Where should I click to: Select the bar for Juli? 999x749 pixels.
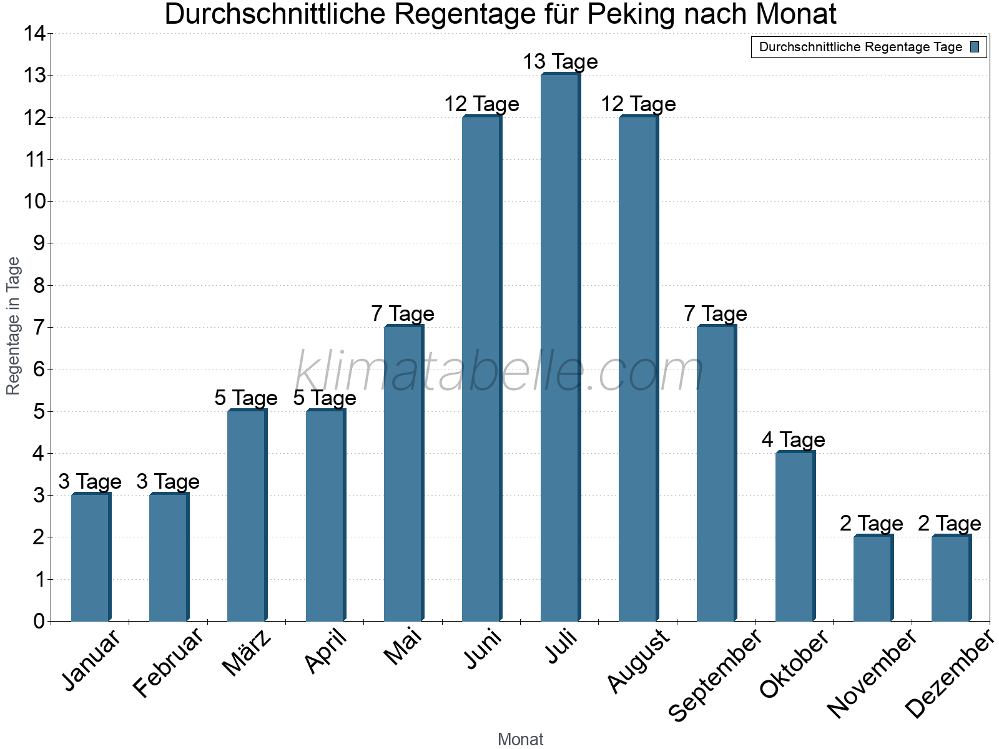click(x=560, y=347)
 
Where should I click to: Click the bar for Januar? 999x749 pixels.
click(x=91, y=557)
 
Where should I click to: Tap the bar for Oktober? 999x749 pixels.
click(x=795, y=536)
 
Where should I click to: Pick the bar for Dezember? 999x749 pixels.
click(x=951, y=578)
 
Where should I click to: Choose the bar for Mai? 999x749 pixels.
click(x=403, y=473)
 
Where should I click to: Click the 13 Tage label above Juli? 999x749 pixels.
click(x=560, y=62)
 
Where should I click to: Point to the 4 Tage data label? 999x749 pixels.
click(x=793, y=440)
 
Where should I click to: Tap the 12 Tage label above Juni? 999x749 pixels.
click(x=481, y=104)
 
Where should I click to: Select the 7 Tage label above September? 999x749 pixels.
click(x=715, y=313)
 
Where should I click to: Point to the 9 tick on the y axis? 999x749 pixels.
click(x=39, y=243)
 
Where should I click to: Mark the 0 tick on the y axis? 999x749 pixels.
click(x=39, y=621)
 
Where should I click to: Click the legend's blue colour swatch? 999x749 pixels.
click(x=975, y=47)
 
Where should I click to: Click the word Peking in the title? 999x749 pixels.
click(x=634, y=14)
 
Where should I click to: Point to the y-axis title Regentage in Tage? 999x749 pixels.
click(x=14, y=326)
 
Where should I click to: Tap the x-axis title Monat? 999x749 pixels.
click(x=520, y=739)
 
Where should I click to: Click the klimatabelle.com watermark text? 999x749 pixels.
click(x=499, y=372)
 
